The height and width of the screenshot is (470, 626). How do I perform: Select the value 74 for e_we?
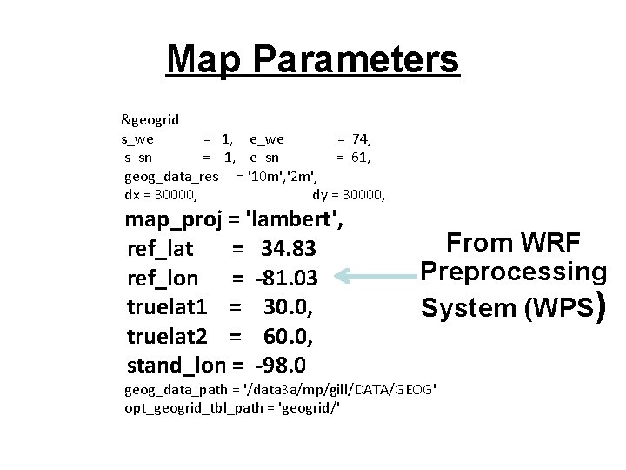click(361, 138)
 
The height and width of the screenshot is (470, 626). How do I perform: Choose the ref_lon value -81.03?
click(289, 279)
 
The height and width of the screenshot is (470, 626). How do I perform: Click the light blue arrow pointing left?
click(375, 278)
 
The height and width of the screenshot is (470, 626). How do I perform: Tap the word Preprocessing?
click(513, 272)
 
